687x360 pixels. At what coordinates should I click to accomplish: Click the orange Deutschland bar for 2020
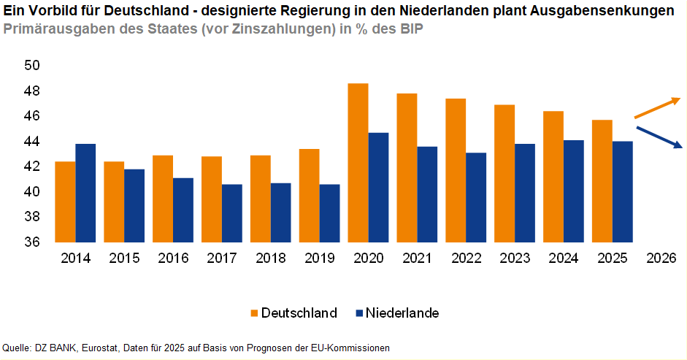pyautogui.click(x=358, y=163)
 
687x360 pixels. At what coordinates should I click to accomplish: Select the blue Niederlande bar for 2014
pyautogui.click(x=85, y=193)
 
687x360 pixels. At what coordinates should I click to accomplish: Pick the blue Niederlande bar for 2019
pyautogui.click(x=329, y=213)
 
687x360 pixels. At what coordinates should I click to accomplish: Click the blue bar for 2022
pyautogui.click(x=476, y=197)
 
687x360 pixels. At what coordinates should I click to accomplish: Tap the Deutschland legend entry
pyautogui.click(x=292, y=313)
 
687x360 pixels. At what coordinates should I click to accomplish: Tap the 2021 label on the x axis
pyautogui.click(x=417, y=258)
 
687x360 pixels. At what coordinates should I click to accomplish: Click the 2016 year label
pyautogui.click(x=173, y=258)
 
